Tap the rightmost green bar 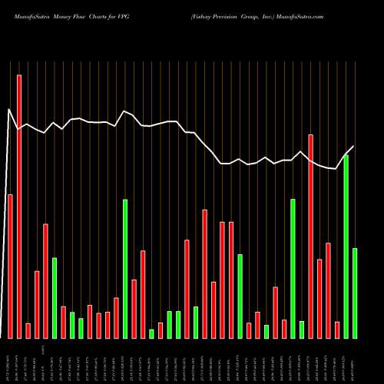coord(355,293)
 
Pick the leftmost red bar coord(10,266)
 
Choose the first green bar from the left coord(55,298)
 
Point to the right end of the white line coord(354,146)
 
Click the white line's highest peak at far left coord(10,110)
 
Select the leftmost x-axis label coord(9,361)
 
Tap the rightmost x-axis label coord(355,361)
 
